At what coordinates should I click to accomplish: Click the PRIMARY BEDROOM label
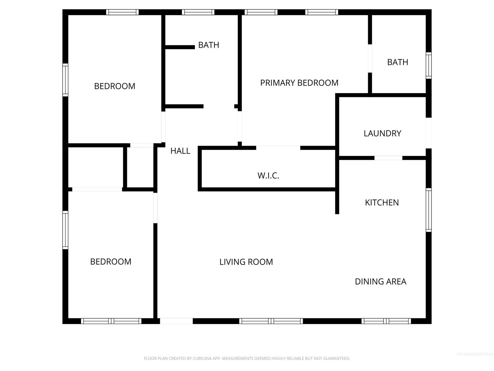pos(299,83)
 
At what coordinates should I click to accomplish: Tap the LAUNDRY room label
pos(383,133)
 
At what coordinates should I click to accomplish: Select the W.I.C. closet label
pos(268,176)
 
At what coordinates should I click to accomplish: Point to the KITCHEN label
pos(382,203)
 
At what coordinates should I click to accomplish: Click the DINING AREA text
pos(380,282)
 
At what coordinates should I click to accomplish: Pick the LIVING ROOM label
pos(246,262)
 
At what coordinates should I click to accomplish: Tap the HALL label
pos(180,151)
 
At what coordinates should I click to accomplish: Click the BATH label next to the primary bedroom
pos(398,62)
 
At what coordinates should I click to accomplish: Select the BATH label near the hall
pos(209,45)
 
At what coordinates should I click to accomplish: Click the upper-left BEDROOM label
pos(115,86)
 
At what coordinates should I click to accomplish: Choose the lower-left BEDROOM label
pos(111,261)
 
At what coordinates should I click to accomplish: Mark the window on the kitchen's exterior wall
pos(428,210)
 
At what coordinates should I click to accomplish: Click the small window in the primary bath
pos(428,66)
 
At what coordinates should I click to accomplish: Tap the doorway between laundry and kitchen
pos(388,158)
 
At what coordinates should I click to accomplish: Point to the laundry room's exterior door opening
pos(428,133)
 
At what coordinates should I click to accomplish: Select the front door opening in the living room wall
pos(176,321)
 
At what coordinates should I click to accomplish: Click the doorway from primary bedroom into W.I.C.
pos(278,148)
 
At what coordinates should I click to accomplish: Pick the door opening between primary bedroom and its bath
pos(370,58)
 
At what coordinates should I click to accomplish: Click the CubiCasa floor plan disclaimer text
pos(247,358)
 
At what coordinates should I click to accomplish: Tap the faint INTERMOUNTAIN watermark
pos(475,354)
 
